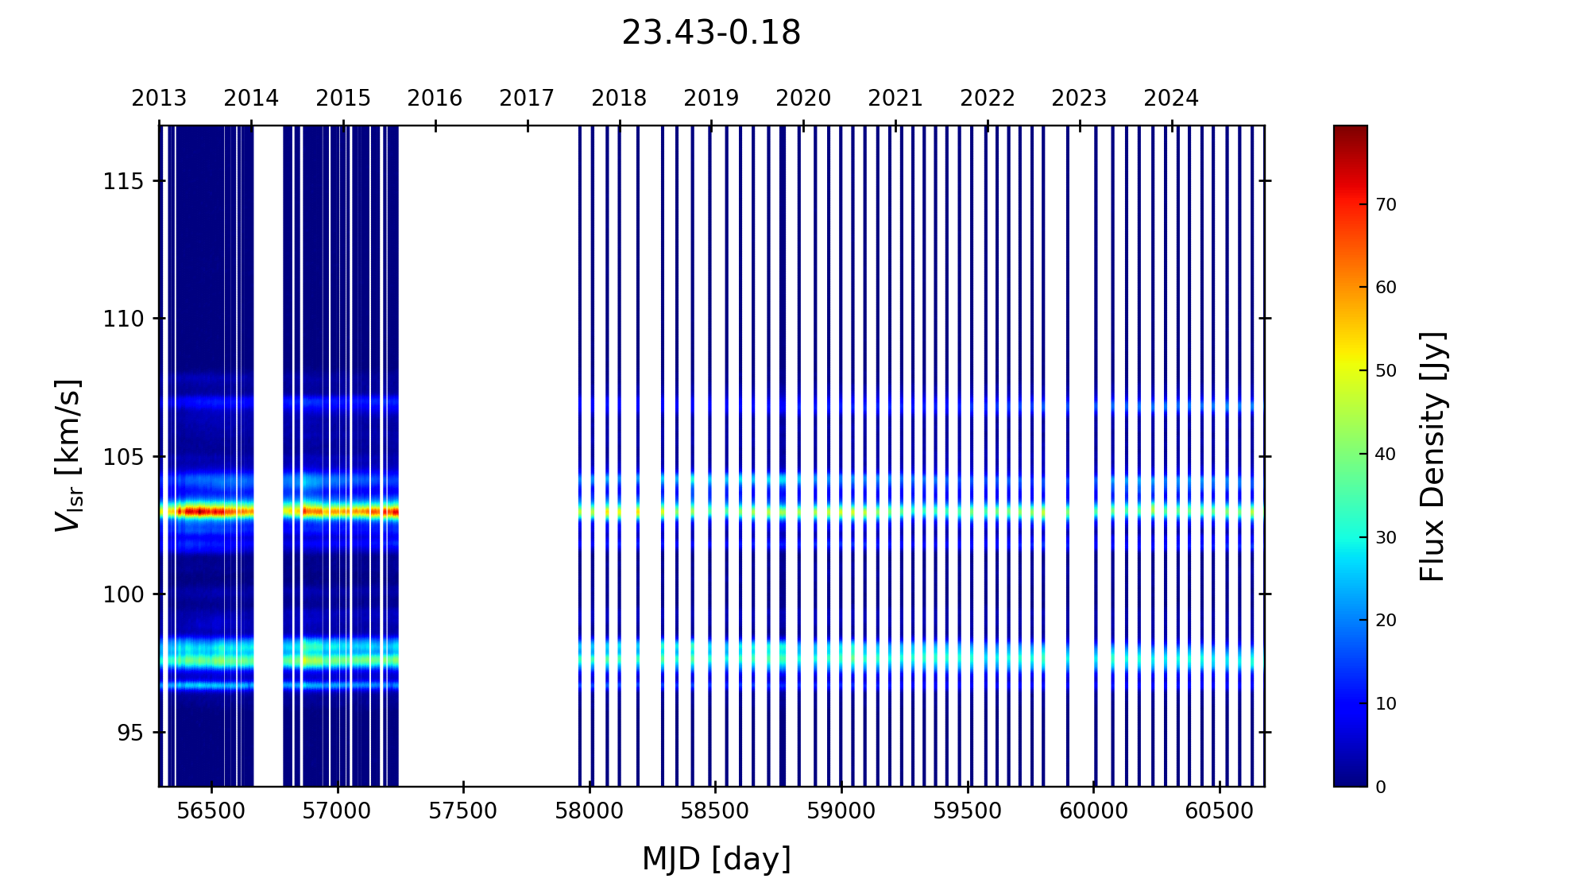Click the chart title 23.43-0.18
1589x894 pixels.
pos(710,33)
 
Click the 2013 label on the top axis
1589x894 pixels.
pos(159,99)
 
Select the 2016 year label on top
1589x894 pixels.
pos(435,99)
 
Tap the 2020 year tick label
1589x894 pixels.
pos(803,99)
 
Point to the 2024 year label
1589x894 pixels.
pos(1171,99)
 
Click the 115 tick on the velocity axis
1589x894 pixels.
pos(123,182)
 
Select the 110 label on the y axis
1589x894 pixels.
pos(123,319)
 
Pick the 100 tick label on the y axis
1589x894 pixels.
pos(123,595)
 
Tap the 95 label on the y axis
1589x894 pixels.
pos(129,733)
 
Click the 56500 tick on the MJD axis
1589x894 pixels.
pos(211,811)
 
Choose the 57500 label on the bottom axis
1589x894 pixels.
pos(463,811)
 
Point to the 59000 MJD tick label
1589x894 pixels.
pos(841,811)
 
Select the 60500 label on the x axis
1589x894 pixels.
pos(1219,811)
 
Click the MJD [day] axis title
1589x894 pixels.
pos(716,860)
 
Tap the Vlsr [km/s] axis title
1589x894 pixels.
pos(68,455)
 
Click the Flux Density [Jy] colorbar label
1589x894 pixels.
pos(1432,456)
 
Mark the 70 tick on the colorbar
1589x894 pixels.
pos(1386,205)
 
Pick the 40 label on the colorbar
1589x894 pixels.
pos(1386,455)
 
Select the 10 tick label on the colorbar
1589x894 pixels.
pos(1386,704)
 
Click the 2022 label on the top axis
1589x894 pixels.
pos(988,99)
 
